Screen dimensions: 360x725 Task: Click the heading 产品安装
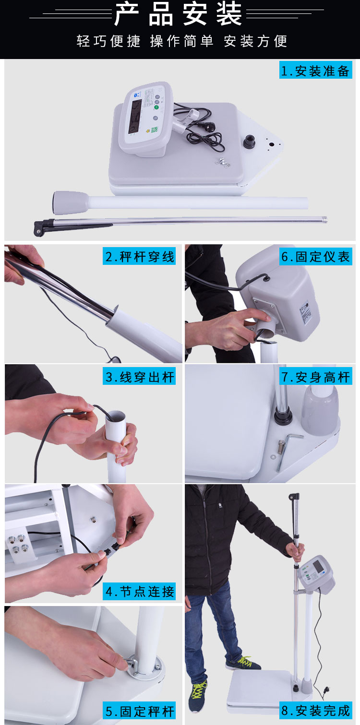[x=178, y=14]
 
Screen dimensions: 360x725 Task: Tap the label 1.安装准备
[x=315, y=71]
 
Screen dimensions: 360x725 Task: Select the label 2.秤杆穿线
[x=139, y=256]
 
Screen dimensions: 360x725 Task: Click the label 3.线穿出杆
[x=139, y=376]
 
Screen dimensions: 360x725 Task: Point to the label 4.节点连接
[x=139, y=591]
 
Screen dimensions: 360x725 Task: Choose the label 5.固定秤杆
[x=139, y=711]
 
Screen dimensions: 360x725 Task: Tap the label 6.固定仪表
[x=315, y=256]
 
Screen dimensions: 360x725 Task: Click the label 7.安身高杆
[x=315, y=376]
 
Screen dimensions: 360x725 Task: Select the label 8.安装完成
[x=315, y=711]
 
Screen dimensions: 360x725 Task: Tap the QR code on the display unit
[x=154, y=130]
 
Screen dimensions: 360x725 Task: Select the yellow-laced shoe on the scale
[x=245, y=663]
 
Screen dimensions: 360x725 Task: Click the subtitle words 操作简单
[x=181, y=41]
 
